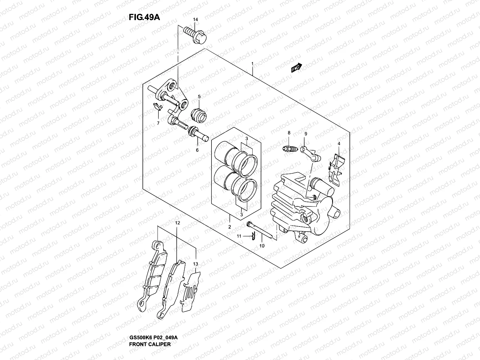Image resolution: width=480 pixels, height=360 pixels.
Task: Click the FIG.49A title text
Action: point(144,17)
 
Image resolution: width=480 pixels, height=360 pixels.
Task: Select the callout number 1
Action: point(253,64)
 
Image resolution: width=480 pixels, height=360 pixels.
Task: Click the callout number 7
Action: point(158,123)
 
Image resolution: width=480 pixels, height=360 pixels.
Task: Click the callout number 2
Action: point(229,227)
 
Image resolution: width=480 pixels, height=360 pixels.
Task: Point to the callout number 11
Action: point(239,236)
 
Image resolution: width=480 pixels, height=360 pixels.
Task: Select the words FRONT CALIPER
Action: point(150,344)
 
